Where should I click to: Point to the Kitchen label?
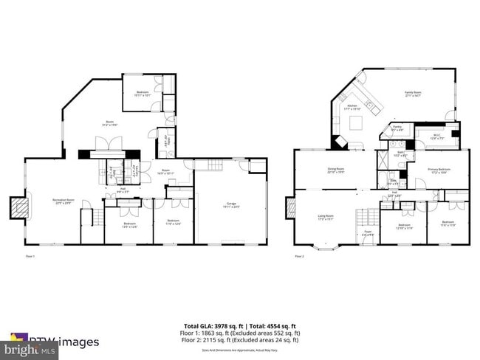[352, 106]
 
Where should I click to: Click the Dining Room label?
[336, 169]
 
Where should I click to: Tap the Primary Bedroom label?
[439, 169]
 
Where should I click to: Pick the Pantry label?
[397, 128]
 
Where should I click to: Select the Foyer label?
[366, 233]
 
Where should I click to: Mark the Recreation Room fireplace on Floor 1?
[18, 208]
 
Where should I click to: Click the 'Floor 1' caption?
[31, 256]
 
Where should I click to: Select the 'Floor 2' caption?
[300, 256]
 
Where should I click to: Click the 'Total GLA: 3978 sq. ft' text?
[211, 325]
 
